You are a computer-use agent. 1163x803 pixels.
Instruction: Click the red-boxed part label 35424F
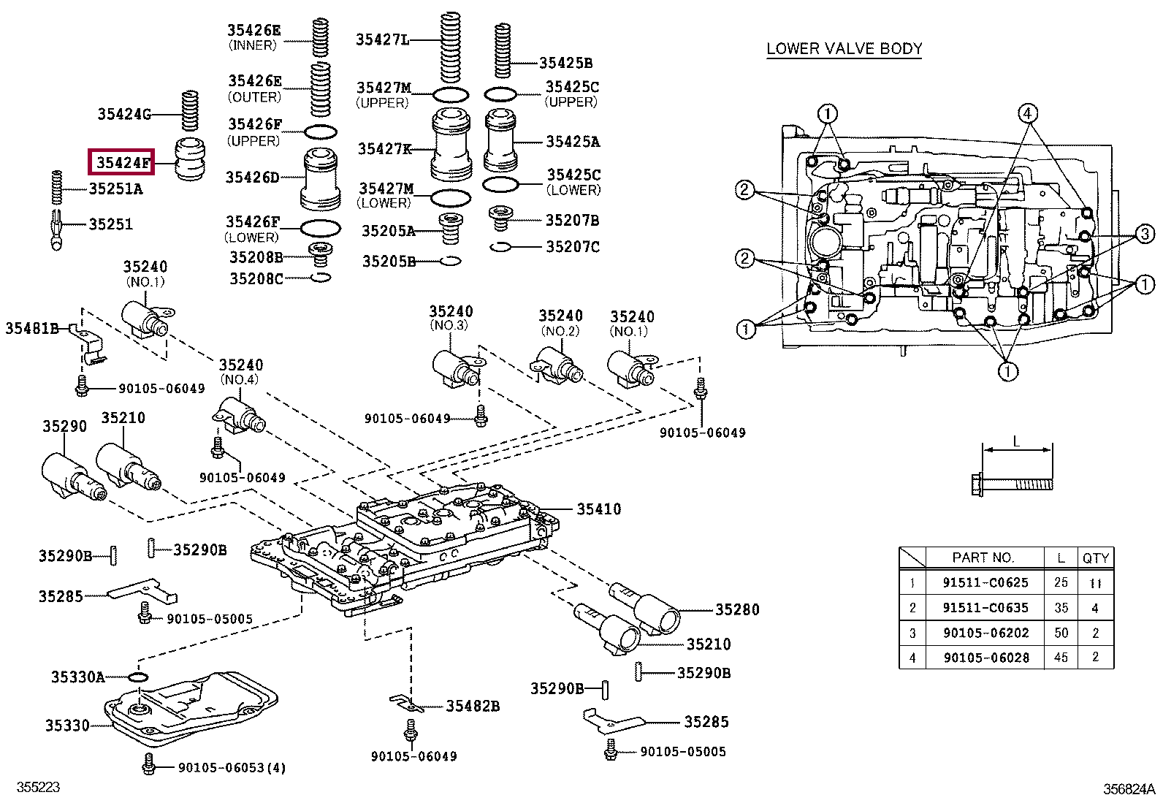123,163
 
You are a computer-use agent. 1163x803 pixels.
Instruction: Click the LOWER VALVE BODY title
844,49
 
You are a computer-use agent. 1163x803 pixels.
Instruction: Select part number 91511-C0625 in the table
985,583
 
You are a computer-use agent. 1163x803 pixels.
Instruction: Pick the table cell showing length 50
1061,633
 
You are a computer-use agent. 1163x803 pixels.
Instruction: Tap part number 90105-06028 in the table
986,658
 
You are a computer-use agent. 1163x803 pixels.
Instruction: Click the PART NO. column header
983,557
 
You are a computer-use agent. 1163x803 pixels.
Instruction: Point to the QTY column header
1096,558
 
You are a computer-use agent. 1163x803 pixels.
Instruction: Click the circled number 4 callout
1028,113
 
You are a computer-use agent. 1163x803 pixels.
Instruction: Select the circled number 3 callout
1145,234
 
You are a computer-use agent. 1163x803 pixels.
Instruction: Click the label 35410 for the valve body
598,509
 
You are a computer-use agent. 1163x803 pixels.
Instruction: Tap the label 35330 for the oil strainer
67,726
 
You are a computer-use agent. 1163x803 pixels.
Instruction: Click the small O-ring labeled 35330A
138,677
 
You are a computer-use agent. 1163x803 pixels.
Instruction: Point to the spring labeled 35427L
450,47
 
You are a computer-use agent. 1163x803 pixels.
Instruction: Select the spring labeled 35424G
190,110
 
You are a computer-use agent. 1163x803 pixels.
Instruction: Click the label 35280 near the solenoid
737,610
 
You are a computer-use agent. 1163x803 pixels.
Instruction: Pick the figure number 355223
38,788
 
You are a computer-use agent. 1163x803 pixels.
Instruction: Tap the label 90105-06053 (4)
232,768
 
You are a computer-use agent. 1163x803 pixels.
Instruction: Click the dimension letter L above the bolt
1016,442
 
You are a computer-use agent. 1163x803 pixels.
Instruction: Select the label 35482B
473,707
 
